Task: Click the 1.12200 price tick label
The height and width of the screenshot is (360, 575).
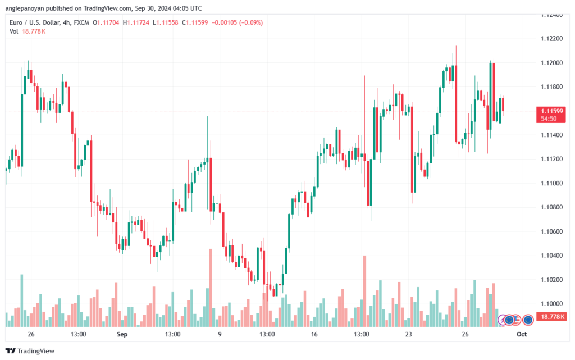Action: point(551,39)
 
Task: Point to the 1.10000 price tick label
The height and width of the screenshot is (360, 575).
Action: point(551,304)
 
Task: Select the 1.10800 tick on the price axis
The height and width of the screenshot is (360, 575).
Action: point(551,207)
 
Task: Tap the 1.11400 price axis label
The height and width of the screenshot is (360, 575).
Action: point(551,135)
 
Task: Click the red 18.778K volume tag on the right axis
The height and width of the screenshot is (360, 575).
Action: point(551,317)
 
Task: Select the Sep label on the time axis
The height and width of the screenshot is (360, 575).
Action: point(122,334)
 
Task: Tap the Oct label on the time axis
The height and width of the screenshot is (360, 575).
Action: point(522,334)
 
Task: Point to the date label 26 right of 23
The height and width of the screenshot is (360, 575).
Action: point(465,334)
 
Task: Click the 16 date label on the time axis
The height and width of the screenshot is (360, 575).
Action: point(314,334)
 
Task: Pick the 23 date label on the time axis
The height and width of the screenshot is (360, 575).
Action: point(409,334)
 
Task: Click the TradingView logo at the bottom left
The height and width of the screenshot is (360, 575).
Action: point(30,351)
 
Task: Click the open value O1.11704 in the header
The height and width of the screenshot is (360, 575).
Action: point(106,22)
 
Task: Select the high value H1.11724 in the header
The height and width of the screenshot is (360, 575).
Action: point(136,22)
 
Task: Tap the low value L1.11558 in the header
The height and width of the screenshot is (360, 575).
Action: point(166,22)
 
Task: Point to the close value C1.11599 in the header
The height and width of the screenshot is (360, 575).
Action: point(195,22)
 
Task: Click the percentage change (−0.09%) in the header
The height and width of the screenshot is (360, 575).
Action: point(251,22)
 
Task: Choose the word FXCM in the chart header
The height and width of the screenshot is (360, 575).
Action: point(81,22)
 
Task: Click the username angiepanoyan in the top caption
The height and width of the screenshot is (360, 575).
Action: point(25,8)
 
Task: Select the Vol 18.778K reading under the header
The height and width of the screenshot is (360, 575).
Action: point(28,31)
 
